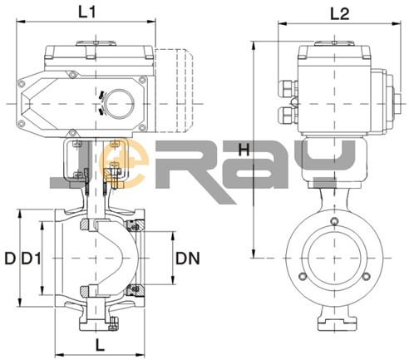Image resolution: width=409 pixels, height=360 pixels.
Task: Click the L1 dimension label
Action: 87,12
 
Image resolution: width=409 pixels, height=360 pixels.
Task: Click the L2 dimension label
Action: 340,13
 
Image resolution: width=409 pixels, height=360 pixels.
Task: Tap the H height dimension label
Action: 244,150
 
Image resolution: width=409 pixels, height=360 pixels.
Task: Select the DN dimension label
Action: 188,259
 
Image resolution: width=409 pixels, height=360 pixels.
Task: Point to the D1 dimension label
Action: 31,259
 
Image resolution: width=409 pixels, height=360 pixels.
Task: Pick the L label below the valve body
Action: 100,345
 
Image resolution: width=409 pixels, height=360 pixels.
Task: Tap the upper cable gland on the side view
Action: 288,88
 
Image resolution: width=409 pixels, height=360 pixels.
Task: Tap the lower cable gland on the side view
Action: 288,115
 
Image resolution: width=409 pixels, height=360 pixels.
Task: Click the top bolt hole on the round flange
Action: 335,221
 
